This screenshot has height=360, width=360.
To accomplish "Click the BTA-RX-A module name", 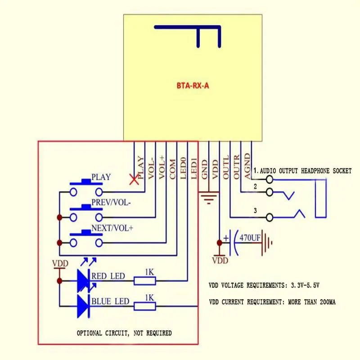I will (192, 85).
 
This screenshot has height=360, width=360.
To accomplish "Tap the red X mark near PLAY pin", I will (134, 180).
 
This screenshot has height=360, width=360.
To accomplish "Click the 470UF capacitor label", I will (250, 237).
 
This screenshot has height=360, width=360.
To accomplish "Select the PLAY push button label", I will (101, 177).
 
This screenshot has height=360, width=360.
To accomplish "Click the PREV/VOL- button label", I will (111, 202).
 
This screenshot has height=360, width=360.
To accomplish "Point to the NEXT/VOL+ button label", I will (112, 228).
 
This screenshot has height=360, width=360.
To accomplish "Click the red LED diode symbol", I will (83, 281).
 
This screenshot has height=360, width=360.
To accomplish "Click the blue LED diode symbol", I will (83, 306).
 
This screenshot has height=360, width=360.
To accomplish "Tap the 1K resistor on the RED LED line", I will (144, 281).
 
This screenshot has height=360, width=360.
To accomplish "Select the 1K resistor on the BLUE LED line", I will (144, 306).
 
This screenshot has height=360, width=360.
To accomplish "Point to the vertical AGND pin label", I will (247, 166).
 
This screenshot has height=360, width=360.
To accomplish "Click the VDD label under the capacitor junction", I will (220, 261).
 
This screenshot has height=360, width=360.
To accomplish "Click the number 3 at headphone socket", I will (255, 211).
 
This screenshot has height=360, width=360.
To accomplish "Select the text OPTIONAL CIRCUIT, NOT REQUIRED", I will (124, 333).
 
